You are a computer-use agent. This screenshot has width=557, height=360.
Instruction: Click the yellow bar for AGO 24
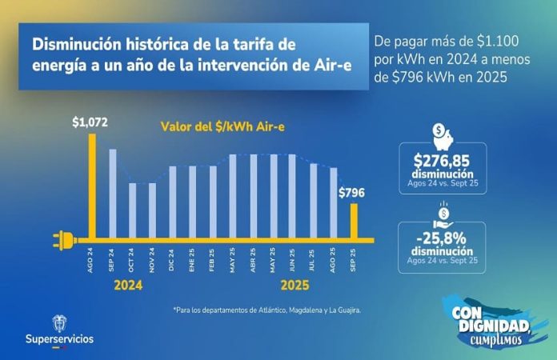coord(92,186)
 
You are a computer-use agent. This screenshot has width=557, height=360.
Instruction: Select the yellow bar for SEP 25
coord(354,221)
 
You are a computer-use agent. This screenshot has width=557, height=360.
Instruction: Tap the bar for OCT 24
coord(132,210)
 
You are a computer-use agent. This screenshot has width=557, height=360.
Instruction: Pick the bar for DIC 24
coord(173,202)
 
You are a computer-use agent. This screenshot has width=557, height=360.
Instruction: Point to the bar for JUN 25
coord(292,196)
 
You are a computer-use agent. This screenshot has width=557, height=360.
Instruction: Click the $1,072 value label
coord(90,122)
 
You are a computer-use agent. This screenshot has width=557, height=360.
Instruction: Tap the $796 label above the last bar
coord(351,193)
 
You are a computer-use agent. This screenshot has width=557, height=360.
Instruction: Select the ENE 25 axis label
coord(192,260)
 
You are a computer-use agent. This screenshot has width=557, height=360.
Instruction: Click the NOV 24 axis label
coord(152,260)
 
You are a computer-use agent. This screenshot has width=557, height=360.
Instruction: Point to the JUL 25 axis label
coord(312,260)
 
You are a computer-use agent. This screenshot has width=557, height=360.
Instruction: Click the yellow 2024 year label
coord(128,286)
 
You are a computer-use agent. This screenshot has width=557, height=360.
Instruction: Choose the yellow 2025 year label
coord(295,286)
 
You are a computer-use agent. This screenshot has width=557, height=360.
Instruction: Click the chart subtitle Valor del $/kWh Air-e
coord(222,126)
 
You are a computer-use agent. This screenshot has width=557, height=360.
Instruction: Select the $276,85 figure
coord(442,161)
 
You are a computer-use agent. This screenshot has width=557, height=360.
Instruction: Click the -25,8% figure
coord(441,238)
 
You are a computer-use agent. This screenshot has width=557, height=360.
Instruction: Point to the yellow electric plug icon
coord(65,240)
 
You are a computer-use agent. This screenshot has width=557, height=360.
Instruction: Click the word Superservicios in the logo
coord(59,338)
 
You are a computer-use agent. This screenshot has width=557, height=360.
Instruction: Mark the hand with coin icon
coord(443,216)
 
